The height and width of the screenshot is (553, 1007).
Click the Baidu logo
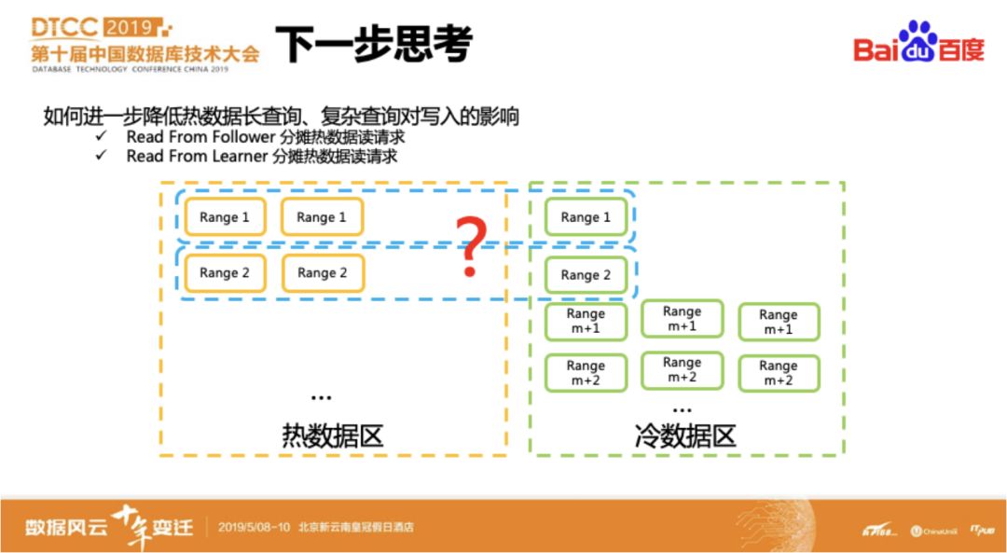click(918, 44)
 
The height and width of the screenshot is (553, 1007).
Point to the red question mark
click(471, 247)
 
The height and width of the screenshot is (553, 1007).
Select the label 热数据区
click(333, 435)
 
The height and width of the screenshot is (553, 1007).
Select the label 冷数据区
click(685, 435)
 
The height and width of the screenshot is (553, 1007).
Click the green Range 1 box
click(586, 217)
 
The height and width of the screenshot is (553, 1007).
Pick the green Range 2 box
click(586, 275)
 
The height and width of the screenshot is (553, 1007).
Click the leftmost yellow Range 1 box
click(225, 217)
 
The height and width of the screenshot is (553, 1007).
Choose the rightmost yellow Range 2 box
click(322, 273)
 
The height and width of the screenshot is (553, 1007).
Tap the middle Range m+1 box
click(682, 319)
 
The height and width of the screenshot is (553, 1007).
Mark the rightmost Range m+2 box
click(779, 373)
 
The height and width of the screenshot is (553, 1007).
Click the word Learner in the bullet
click(233, 156)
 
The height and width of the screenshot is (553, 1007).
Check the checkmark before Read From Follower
click(102, 137)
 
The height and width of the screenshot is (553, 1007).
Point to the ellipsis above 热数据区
click(321, 398)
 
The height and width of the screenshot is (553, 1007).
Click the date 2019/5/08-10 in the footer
click(255, 527)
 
